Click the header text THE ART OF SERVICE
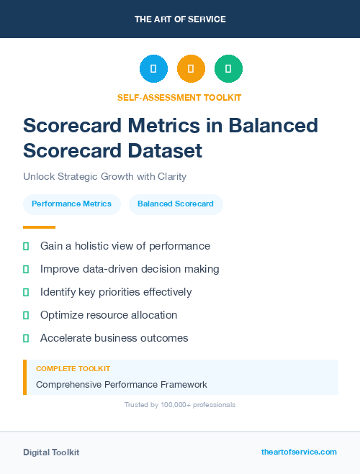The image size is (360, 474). point(180,19)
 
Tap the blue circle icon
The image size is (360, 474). point(153,69)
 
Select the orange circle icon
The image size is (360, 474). point(191,69)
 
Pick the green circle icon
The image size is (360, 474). point(228,69)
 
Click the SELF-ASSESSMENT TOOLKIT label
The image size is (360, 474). point(179,97)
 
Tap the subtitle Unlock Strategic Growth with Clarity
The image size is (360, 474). point(105,176)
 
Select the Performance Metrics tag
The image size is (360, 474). point(71,204)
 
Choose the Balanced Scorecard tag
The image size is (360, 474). point(176,204)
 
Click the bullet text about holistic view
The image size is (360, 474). point(125,246)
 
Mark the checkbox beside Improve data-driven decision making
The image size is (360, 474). point(26,269)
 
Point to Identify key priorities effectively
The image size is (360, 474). point(116,292)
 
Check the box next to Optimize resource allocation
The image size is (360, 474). point(26,315)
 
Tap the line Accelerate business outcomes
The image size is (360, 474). point(114,338)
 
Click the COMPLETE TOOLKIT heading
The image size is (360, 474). point(73,369)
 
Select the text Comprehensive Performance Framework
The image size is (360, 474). point(121,385)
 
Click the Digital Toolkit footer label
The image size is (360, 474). point(51,452)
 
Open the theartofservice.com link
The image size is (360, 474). point(299,452)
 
